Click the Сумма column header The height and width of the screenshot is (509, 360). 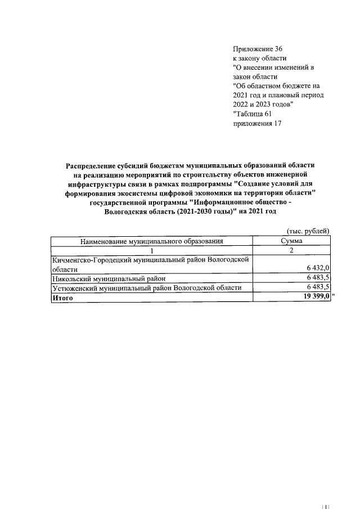tap(291, 241)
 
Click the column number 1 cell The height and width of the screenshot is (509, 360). tap(151, 250)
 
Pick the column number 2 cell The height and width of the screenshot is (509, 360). tap(291, 250)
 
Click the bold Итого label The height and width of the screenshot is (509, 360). tap(63, 298)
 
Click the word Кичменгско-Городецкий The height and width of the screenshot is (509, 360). tap(94, 260)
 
